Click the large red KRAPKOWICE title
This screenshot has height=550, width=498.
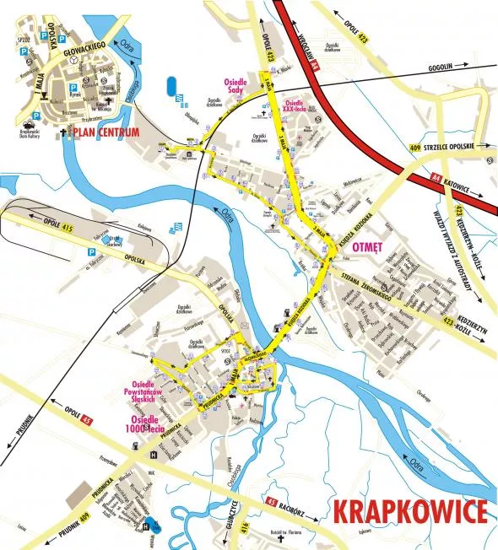click(410, 512)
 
